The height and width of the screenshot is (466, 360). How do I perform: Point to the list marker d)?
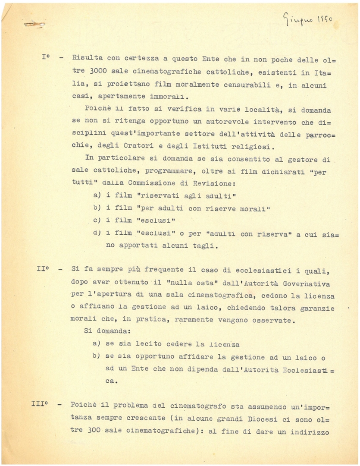97,233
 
